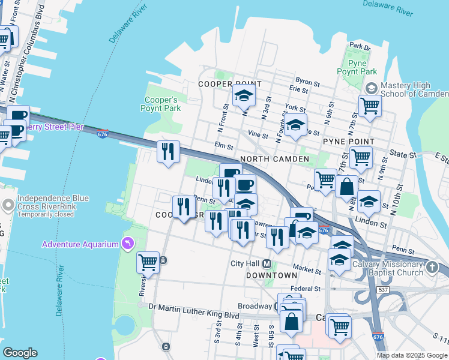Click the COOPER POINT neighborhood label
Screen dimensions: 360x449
230,85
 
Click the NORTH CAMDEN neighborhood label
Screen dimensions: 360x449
274,159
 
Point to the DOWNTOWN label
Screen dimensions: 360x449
271,275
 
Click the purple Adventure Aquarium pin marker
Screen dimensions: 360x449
127,244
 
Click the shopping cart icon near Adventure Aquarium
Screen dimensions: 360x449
148,262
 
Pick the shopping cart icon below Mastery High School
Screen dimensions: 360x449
370,106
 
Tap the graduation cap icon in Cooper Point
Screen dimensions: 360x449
244,96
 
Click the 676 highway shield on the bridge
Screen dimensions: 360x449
103,133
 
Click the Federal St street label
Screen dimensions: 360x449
303,289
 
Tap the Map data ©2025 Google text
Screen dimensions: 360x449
411,355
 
